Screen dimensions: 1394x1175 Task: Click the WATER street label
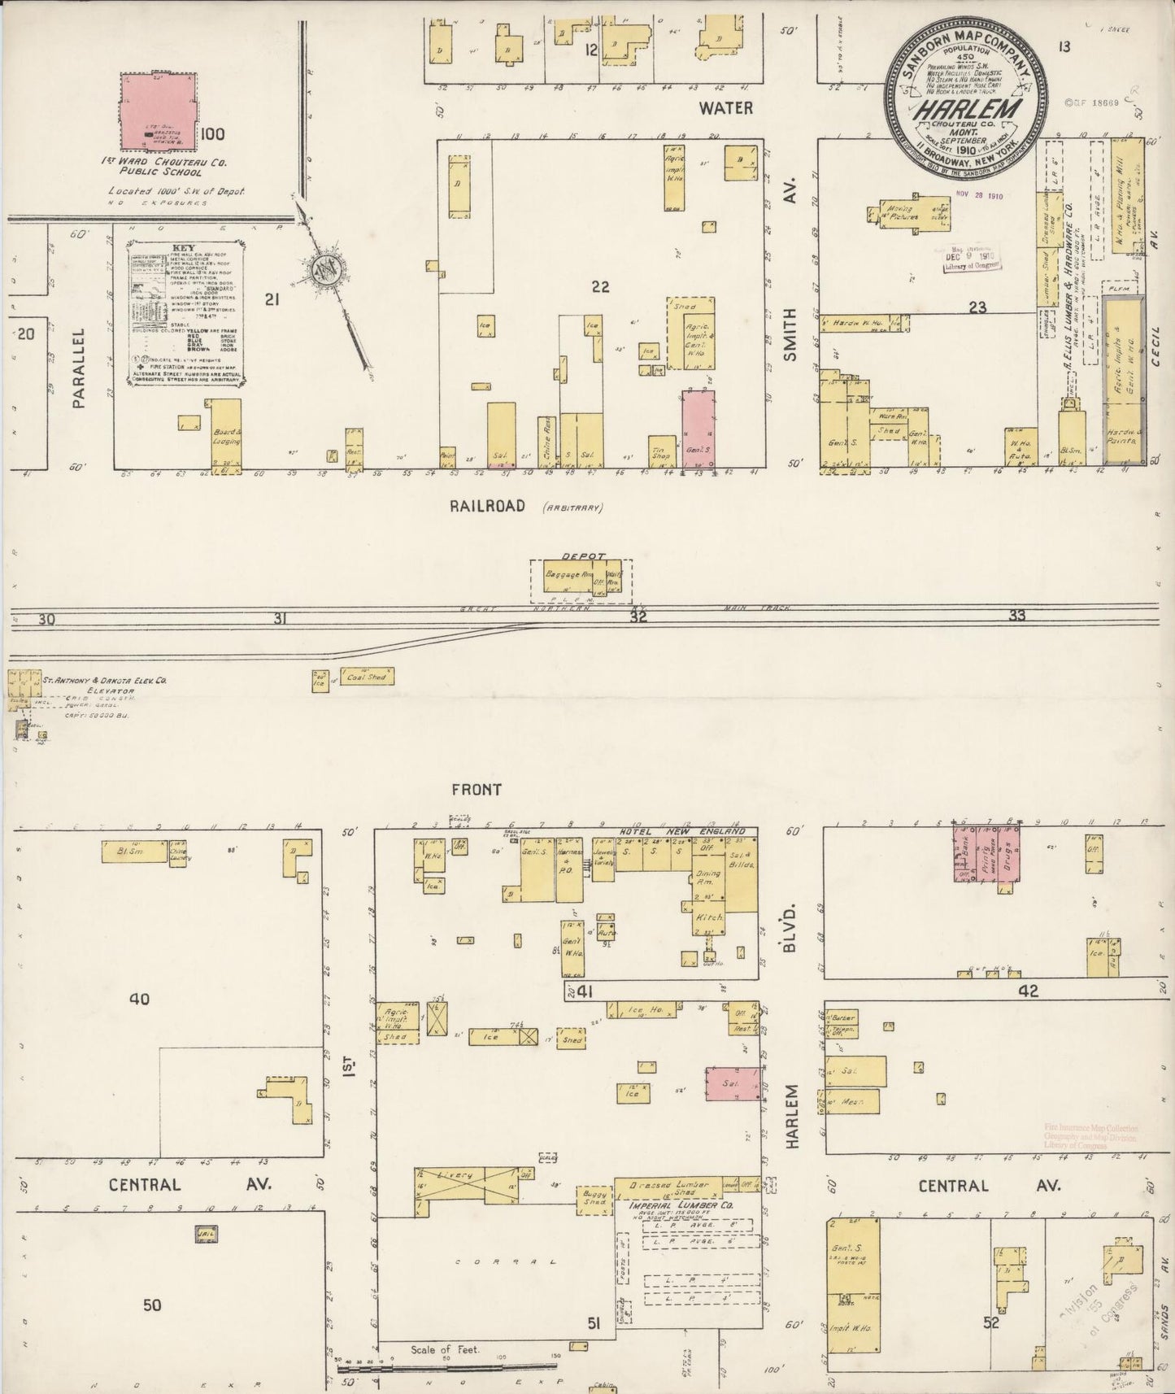click(x=726, y=107)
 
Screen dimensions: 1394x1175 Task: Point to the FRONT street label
click(x=477, y=789)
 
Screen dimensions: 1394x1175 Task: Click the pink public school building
click(x=159, y=111)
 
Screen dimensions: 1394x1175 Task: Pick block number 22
click(x=601, y=286)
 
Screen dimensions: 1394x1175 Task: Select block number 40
click(x=139, y=998)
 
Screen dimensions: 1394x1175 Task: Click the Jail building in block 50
click(x=204, y=1234)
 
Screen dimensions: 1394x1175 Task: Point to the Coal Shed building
click(x=365, y=677)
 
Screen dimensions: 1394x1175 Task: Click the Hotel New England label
click(x=681, y=832)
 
